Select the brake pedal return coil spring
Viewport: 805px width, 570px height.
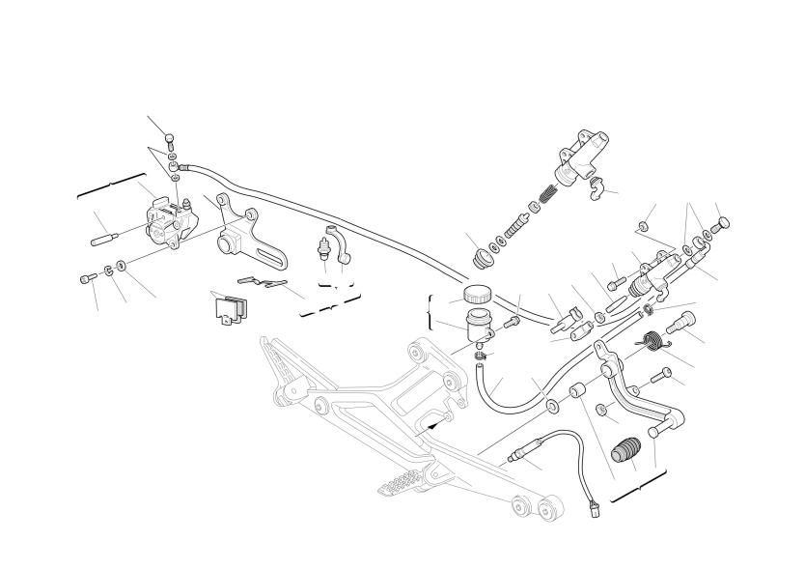(x=652, y=339)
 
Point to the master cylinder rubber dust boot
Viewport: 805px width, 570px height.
(x=479, y=257)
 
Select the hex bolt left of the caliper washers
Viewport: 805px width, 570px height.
(x=87, y=278)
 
